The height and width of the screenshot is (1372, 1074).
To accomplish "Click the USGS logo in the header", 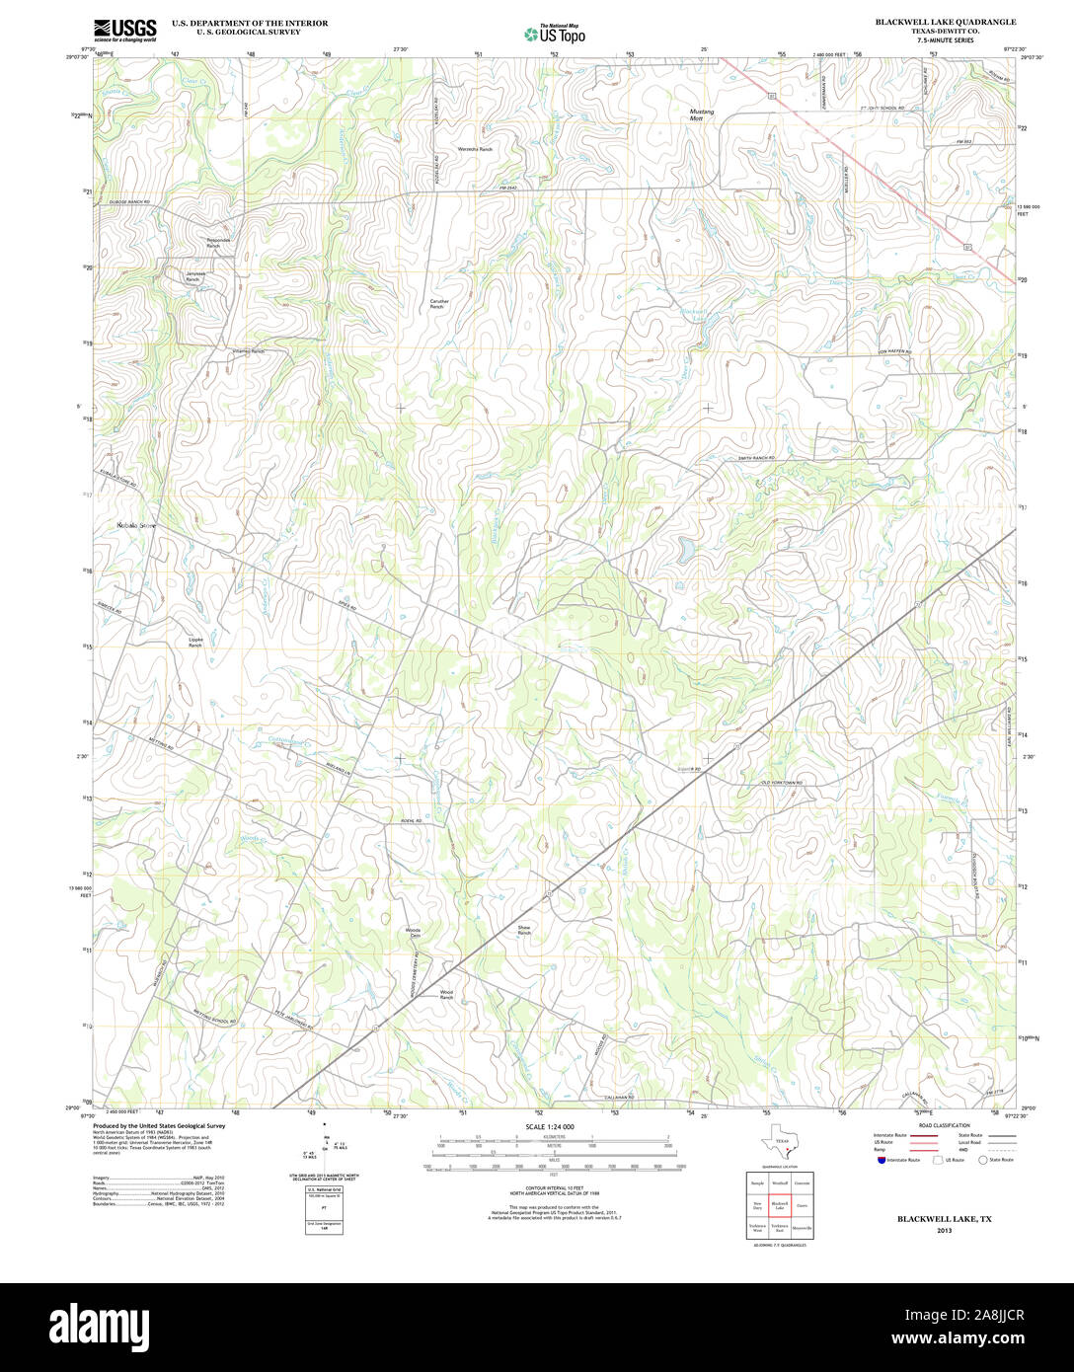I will pos(125,30).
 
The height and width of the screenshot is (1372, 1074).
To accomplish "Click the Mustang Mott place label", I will pos(701,114).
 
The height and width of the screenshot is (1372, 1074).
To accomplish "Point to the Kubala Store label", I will pos(136,525).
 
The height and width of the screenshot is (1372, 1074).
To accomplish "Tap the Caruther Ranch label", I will pos(438,304).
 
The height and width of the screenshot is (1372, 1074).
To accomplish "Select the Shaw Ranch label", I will pos(524,930).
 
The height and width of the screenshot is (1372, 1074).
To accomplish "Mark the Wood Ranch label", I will pos(446,994).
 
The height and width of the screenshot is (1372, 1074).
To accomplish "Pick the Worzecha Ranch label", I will pos(475,149).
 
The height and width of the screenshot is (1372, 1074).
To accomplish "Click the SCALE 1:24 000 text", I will pos(550,1126).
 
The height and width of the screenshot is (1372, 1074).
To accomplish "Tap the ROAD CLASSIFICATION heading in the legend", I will pos(944,1125).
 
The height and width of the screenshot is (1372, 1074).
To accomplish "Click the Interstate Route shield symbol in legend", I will pos(881,1161).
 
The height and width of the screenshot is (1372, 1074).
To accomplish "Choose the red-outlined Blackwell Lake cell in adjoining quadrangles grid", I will pos(780,1206).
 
